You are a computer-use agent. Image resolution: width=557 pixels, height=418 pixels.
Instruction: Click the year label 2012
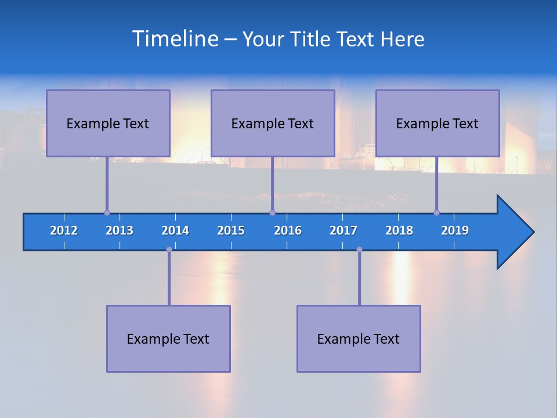coord(64,230)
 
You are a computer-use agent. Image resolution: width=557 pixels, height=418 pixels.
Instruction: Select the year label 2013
coord(120,230)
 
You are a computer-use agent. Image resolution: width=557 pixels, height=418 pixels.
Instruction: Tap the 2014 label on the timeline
coord(175,230)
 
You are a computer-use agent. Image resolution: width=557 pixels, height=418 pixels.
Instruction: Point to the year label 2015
coord(231,230)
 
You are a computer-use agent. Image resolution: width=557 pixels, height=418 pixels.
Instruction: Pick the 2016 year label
coord(288,230)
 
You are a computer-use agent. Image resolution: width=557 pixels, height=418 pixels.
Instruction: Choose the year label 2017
coord(343,230)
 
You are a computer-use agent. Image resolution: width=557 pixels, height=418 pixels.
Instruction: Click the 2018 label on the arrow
coord(399,230)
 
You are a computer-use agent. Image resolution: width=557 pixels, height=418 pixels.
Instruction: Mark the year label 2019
coord(455,230)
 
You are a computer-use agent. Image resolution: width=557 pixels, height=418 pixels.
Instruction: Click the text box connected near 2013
coord(108,123)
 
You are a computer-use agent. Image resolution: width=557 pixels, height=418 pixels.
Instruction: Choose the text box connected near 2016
coord(273,123)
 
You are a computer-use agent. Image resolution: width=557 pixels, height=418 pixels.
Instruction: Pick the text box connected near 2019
coord(437,123)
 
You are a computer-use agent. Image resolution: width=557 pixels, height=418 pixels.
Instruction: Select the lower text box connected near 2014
coord(168,338)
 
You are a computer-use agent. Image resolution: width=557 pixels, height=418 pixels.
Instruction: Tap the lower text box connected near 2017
coord(359,338)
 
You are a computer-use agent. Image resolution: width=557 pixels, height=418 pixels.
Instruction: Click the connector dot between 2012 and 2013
coord(107,212)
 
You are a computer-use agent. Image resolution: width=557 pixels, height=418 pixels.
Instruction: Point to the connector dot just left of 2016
coord(272,212)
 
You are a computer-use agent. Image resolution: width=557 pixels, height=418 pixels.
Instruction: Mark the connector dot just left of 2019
coord(436,212)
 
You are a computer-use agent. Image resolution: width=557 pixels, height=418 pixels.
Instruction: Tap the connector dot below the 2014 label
coord(169,250)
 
